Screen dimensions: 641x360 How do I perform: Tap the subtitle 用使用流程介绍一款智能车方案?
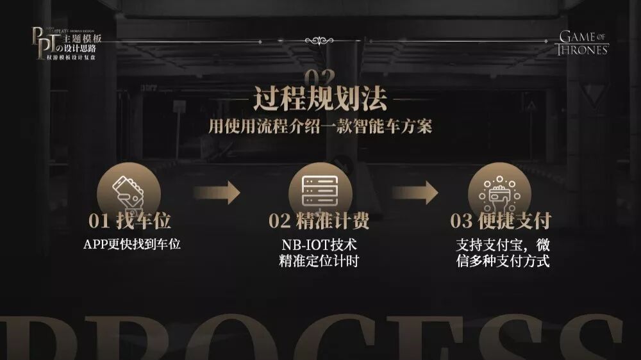(x=320, y=126)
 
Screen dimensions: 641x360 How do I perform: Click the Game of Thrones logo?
(x=583, y=42)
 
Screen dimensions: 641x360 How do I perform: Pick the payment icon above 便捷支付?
(x=499, y=190)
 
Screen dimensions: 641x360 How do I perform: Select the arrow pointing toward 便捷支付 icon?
(x=415, y=192)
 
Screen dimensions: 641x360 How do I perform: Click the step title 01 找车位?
(x=130, y=222)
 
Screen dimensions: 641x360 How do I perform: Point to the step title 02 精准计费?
(x=319, y=222)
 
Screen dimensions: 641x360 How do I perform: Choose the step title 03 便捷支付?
(x=501, y=222)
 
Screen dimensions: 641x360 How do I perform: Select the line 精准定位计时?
(x=319, y=261)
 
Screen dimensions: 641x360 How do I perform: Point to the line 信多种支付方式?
(x=503, y=261)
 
